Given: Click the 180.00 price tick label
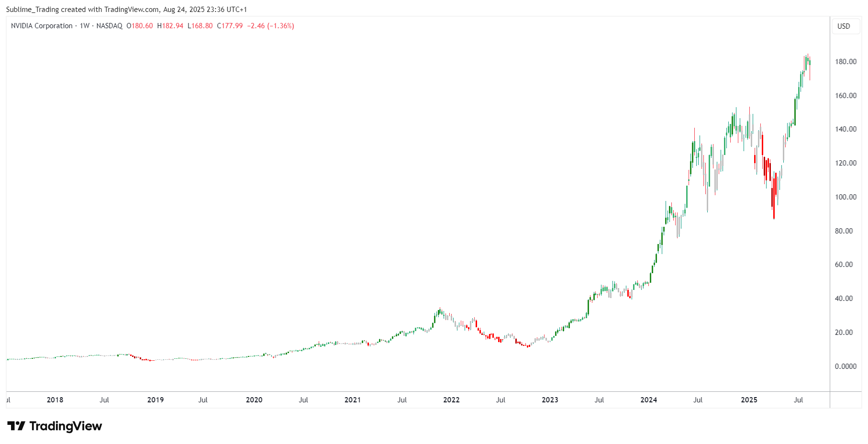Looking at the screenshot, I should [846, 62].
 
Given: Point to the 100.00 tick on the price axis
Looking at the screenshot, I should [846, 197].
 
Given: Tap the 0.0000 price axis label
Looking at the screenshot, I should [846, 366].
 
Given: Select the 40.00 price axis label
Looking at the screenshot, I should [844, 299].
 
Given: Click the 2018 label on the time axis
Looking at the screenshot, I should [55, 400].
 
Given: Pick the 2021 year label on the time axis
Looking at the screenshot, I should [353, 400].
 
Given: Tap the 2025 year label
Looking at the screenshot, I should [749, 400].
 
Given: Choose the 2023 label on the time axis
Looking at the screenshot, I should [550, 400].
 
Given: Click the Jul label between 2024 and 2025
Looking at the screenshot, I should [698, 400].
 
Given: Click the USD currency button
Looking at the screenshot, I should [844, 26].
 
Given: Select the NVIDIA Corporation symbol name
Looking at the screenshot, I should [42, 26].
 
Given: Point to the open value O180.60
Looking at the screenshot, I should [140, 26].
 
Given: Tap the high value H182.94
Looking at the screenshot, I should [170, 26].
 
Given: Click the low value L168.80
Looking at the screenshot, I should [200, 26].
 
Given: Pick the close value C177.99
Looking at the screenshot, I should [230, 26].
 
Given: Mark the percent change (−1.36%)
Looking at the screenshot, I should [280, 26].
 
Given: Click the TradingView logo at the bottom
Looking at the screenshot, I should [55, 426].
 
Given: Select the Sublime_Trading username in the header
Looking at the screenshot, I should [32, 10].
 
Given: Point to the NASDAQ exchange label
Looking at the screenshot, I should [109, 26].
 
